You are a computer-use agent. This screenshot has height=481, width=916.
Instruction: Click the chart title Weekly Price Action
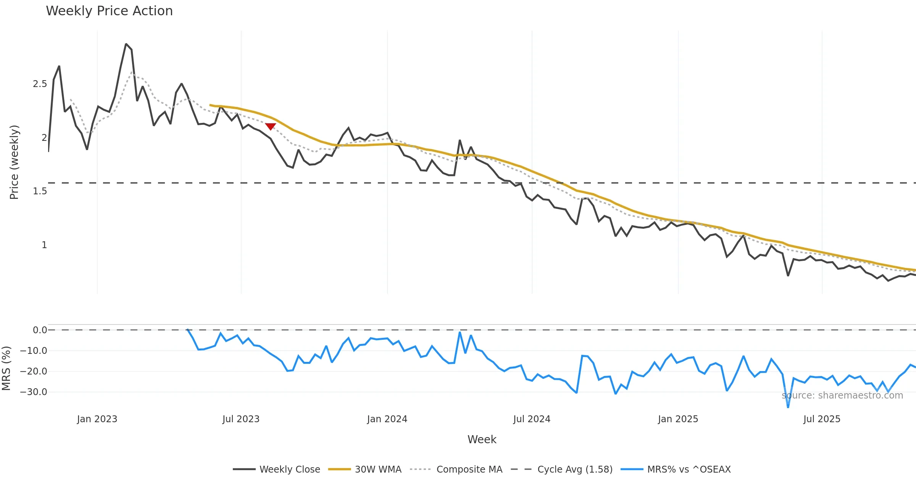(109, 11)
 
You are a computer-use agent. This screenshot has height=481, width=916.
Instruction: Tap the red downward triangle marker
(271, 127)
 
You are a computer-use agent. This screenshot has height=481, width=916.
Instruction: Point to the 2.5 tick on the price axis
(40, 84)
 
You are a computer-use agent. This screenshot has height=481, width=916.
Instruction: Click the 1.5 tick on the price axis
(40, 191)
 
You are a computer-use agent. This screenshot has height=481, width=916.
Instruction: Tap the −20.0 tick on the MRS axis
(34, 371)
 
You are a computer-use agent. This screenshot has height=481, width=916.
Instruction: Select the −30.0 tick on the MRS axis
(34, 392)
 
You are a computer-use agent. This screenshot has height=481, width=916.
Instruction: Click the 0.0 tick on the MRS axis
(40, 330)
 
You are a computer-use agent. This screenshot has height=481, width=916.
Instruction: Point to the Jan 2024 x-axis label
(387, 419)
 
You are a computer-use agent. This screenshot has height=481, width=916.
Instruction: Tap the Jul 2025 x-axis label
(822, 419)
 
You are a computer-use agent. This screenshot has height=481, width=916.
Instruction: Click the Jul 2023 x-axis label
(241, 419)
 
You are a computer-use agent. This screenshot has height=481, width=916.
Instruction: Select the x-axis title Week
(482, 439)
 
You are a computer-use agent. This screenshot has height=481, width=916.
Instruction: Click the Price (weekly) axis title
(14, 162)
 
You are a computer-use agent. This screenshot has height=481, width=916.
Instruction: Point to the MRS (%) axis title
(6, 368)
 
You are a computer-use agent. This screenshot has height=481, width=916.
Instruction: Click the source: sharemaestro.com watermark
(842, 395)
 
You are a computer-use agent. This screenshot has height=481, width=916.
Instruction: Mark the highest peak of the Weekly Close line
(126, 44)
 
